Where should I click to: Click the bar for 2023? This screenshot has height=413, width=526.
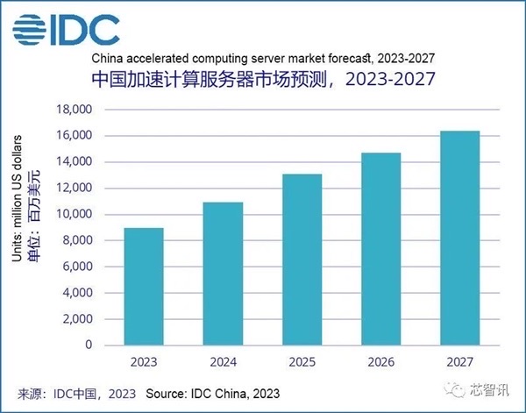tap(144, 287)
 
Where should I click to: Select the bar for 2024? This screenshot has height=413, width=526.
tap(223, 274)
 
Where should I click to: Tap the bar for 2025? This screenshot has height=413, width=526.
tap(302, 260)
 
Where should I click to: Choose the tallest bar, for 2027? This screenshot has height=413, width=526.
tap(460, 238)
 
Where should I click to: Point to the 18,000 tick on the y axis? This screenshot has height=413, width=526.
tap(75, 110)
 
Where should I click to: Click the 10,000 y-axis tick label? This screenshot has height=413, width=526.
tap(75, 214)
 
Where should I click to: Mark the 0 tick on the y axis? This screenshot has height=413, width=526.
tap(89, 345)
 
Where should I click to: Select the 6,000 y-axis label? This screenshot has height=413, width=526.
tap(78, 267)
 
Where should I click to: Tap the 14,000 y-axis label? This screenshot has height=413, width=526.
tap(75, 162)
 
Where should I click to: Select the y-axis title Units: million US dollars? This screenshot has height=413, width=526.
tap(23, 226)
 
